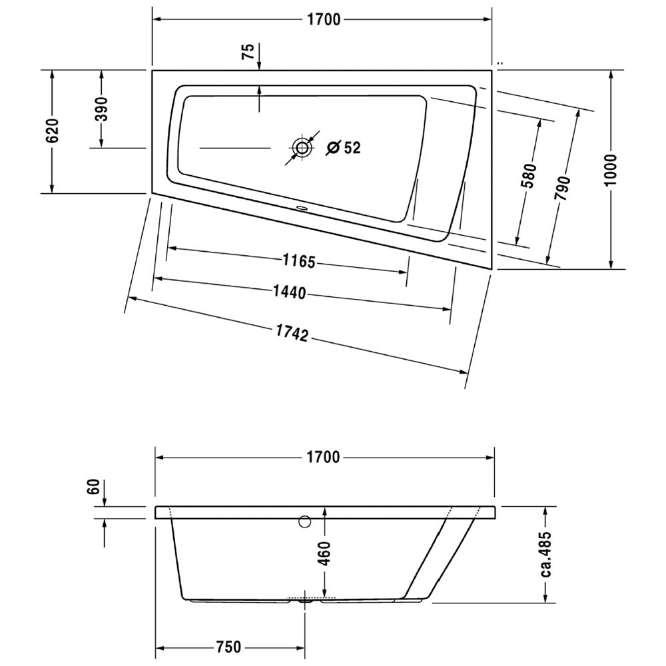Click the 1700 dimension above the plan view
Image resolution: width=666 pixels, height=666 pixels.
tap(324, 19)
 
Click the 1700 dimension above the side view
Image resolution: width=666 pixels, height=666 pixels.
tap(324, 457)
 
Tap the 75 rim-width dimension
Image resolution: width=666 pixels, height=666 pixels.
tap(248, 51)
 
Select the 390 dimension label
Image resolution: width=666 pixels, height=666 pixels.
tap(101, 109)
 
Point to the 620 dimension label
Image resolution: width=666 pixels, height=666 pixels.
tap(53, 131)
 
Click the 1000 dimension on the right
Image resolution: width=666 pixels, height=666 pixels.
tap(611, 169)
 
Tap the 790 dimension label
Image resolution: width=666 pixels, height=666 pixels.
tap(561, 189)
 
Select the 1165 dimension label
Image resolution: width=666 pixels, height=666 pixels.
tap(300, 261)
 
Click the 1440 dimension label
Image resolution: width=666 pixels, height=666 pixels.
tap(289, 292)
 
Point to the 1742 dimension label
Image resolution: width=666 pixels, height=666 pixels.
tap(292, 334)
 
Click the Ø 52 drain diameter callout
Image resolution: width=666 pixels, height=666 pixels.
tap(343, 147)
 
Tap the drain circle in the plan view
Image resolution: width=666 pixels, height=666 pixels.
tap(302, 148)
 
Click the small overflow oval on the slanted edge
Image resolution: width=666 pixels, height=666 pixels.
tap(302, 208)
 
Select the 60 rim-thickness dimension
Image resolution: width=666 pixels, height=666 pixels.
tap(93, 486)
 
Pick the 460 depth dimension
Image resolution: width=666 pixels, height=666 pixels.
tap(324, 553)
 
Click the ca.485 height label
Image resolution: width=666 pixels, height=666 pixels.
tap(546, 554)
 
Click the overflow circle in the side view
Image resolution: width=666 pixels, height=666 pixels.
tap(304, 521)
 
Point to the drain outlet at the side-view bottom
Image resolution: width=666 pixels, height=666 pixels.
tap(305, 601)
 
